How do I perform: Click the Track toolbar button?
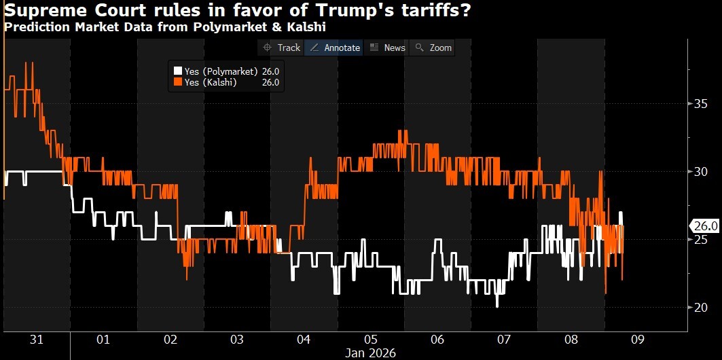(x=282, y=48)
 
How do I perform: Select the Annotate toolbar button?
(x=334, y=48)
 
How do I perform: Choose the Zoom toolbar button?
(x=433, y=48)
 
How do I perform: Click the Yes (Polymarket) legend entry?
(x=216, y=71)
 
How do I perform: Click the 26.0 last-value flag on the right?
(x=700, y=226)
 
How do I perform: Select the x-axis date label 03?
(x=236, y=339)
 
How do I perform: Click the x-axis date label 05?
(x=370, y=339)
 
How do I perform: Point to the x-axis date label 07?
(x=504, y=339)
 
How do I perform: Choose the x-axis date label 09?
(x=637, y=339)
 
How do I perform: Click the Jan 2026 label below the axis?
(x=370, y=353)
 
